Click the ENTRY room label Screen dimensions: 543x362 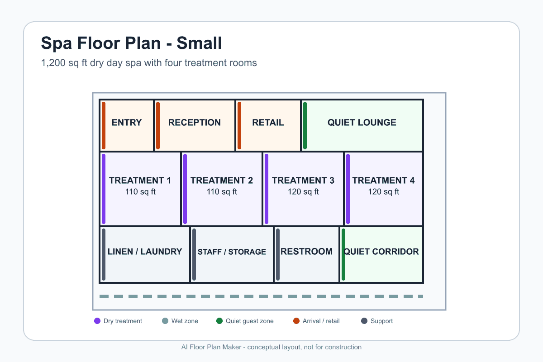[x=127, y=123]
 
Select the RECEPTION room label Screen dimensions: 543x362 [x=195, y=123]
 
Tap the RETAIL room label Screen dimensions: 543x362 [x=268, y=123]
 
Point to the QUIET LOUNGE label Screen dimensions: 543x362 [x=362, y=123]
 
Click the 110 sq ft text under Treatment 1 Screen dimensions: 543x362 [x=140, y=191]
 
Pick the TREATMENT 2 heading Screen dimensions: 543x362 [x=222, y=181]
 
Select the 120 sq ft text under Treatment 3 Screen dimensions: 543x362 [x=303, y=191]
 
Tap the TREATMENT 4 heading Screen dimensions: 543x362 [x=383, y=181]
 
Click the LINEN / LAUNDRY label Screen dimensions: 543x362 [x=145, y=252]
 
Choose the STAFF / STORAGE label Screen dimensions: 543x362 [x=232, y=252]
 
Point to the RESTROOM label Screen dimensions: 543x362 [x=306, y=252]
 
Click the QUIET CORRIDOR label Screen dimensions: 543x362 [x=381, y=252]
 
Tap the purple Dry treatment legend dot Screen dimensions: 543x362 [x=97, y=321]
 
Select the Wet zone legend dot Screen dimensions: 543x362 [x=165, y=321]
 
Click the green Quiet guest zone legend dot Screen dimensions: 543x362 [x=219, y=321]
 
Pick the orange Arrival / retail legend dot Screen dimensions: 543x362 [x=296, y=321]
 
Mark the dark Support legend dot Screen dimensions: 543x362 [x=364, y=321]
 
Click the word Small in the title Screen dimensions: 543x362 [x=199, y=43]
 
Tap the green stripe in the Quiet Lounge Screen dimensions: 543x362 [x=305, y=125]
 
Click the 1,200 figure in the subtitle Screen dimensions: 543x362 [x=53, y=63]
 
